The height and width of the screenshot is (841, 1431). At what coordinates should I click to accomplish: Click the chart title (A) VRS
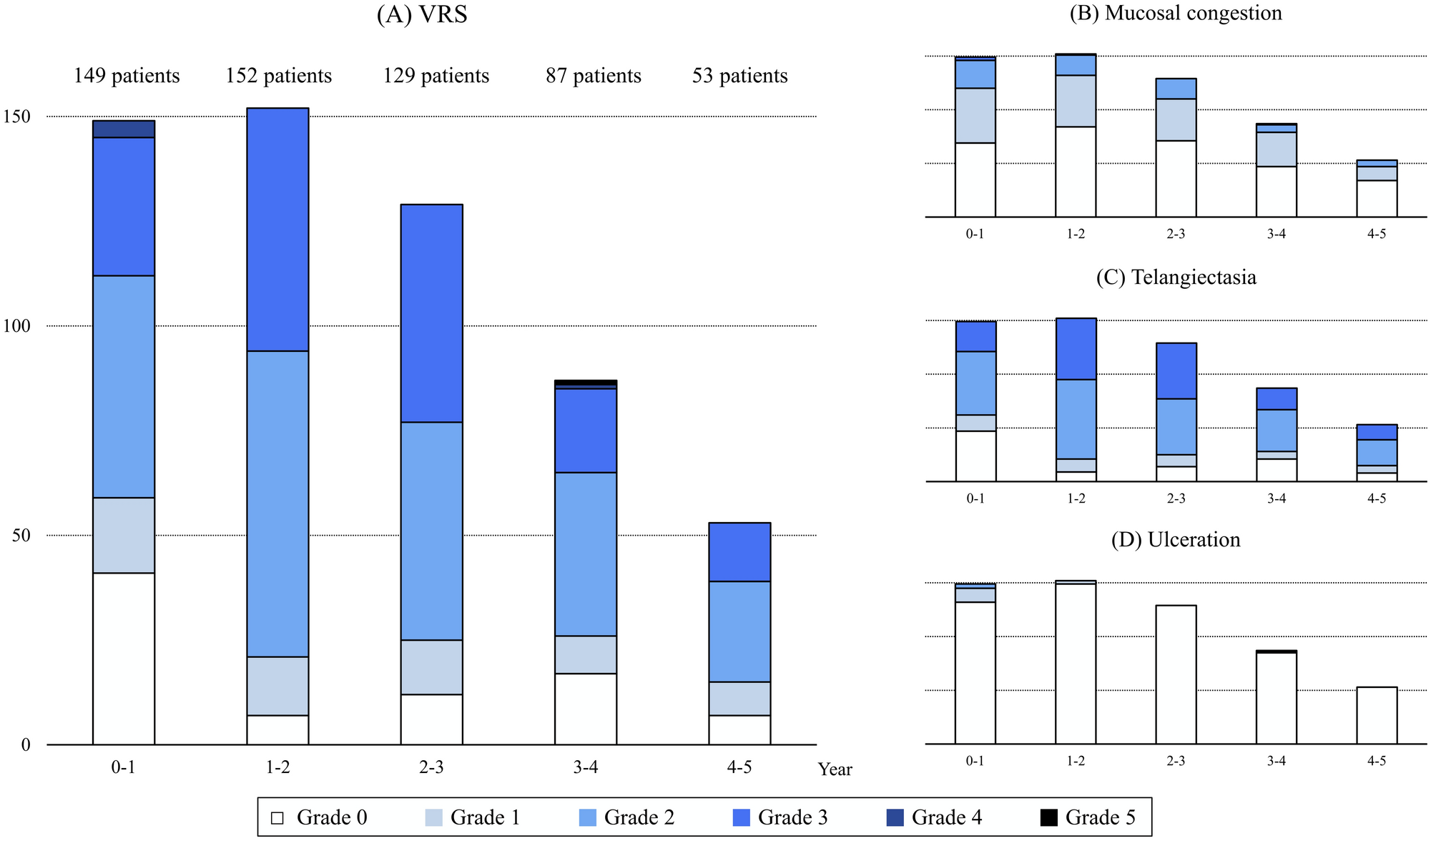tap(422, 14)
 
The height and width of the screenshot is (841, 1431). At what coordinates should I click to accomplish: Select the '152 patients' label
tap(279, 76)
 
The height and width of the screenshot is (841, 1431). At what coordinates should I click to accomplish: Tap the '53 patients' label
tap(739, 76)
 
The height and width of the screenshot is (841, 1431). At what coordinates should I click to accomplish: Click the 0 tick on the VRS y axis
tap(26, 745)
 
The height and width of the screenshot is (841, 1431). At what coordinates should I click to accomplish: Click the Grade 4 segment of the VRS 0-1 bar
tap(124, 129)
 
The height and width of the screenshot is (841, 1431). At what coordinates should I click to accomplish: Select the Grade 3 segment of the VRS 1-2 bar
tap(278, 229)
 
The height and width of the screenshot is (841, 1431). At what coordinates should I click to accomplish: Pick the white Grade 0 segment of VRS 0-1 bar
tap(124, 658)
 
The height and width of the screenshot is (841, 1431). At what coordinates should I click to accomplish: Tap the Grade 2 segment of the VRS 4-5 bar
tap(739, 631)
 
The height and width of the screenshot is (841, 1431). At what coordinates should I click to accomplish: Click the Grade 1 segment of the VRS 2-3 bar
tap(431, 667)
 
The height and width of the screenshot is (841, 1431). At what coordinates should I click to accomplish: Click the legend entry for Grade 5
tap(1087, 817)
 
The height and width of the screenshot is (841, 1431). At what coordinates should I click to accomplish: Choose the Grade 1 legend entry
tap(472, 817)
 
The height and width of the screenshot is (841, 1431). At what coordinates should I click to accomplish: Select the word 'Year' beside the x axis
tap(835, 769)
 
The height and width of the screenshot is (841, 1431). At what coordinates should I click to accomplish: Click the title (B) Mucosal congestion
tap(1176, 14)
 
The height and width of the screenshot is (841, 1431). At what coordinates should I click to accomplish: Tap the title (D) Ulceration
tap(1176, 539)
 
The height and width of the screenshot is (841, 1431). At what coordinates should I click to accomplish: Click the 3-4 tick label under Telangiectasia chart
tap(1277, 498)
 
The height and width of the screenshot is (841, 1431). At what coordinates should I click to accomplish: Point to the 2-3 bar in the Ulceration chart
tap(1176, 674)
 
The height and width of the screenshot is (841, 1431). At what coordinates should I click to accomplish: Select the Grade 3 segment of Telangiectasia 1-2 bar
tap(1076, 349)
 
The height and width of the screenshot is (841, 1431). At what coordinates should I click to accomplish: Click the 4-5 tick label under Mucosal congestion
tap(1377, 235)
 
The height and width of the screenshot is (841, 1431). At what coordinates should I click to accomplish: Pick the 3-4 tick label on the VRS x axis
tap(585, 768)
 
